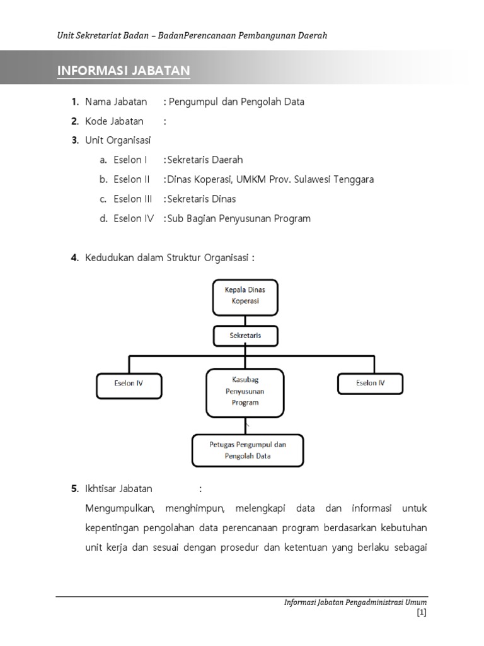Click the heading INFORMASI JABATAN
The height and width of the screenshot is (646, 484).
(124, 70)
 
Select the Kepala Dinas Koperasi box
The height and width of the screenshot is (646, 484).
(245, 297)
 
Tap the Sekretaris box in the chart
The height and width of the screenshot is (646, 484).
(245, 336)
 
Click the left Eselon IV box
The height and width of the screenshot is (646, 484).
(129, 383)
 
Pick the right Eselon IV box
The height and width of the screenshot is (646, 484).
(370, 383)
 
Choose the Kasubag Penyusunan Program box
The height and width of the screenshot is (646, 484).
(245, 392)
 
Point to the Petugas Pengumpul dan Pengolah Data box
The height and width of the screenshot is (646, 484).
(247, 450)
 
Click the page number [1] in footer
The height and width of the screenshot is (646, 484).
(422, 613)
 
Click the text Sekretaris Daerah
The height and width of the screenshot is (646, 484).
(205, 160)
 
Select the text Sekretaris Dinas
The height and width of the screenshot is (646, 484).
(202, 199)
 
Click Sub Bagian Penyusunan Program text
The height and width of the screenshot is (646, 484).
(239, 218)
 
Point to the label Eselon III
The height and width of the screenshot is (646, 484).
(133, 199)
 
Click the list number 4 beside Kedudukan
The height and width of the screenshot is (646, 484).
(74, 257)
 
